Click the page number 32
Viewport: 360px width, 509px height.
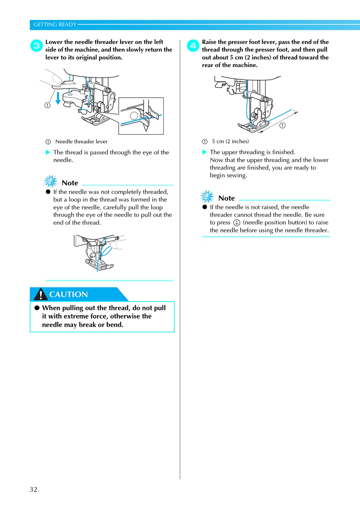(x=33, y=489)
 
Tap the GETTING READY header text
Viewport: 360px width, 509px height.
(x=55, y=25)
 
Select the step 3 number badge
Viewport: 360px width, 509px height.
(x=36, y=46)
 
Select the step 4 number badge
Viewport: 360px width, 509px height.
(x=193, y=46)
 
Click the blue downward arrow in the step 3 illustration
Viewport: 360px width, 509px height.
(x=58, y=97)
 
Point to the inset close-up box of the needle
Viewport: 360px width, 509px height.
(x=141, y=116)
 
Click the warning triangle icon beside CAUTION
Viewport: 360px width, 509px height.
(x=41, y=294)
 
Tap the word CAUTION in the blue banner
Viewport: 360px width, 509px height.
(x=69, y=294)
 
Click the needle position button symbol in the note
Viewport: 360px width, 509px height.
(x=236, y=223)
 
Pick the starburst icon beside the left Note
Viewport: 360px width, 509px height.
(x=50, y=181)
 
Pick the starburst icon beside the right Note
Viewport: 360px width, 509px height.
(x=207, y=196)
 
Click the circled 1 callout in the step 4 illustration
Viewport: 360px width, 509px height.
(x=282, y=126)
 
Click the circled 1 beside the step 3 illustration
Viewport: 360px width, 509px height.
(x=47, y=105)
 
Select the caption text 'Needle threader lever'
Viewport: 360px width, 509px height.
(x=81, y=141)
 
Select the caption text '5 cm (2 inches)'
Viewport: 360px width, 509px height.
(x=230, y=141)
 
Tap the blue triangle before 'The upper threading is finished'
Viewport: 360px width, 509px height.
(x=205, y=152)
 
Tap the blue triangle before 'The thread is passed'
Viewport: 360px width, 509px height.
(x=48, y=152)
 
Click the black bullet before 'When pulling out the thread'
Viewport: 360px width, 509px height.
(x=37, y=308)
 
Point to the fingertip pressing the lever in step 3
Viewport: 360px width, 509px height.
(x=57, y=79)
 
